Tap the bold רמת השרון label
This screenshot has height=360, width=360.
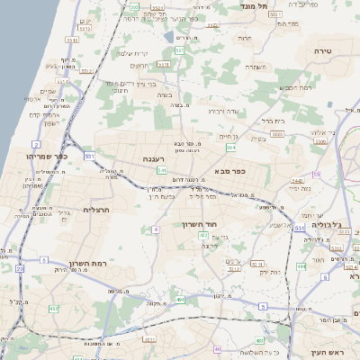coord(88,265)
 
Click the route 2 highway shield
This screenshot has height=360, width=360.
coord(36,144)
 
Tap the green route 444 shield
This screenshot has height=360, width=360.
coord(301,265)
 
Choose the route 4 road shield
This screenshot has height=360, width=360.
coord(155,229)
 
